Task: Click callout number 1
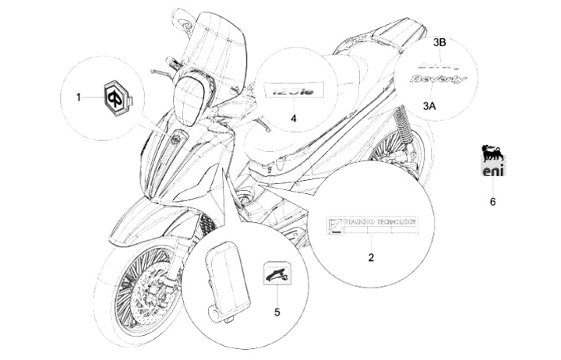(78, 97)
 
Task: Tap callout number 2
(371, 257)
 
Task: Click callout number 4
(294, 119)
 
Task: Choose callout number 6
(492, 202)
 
